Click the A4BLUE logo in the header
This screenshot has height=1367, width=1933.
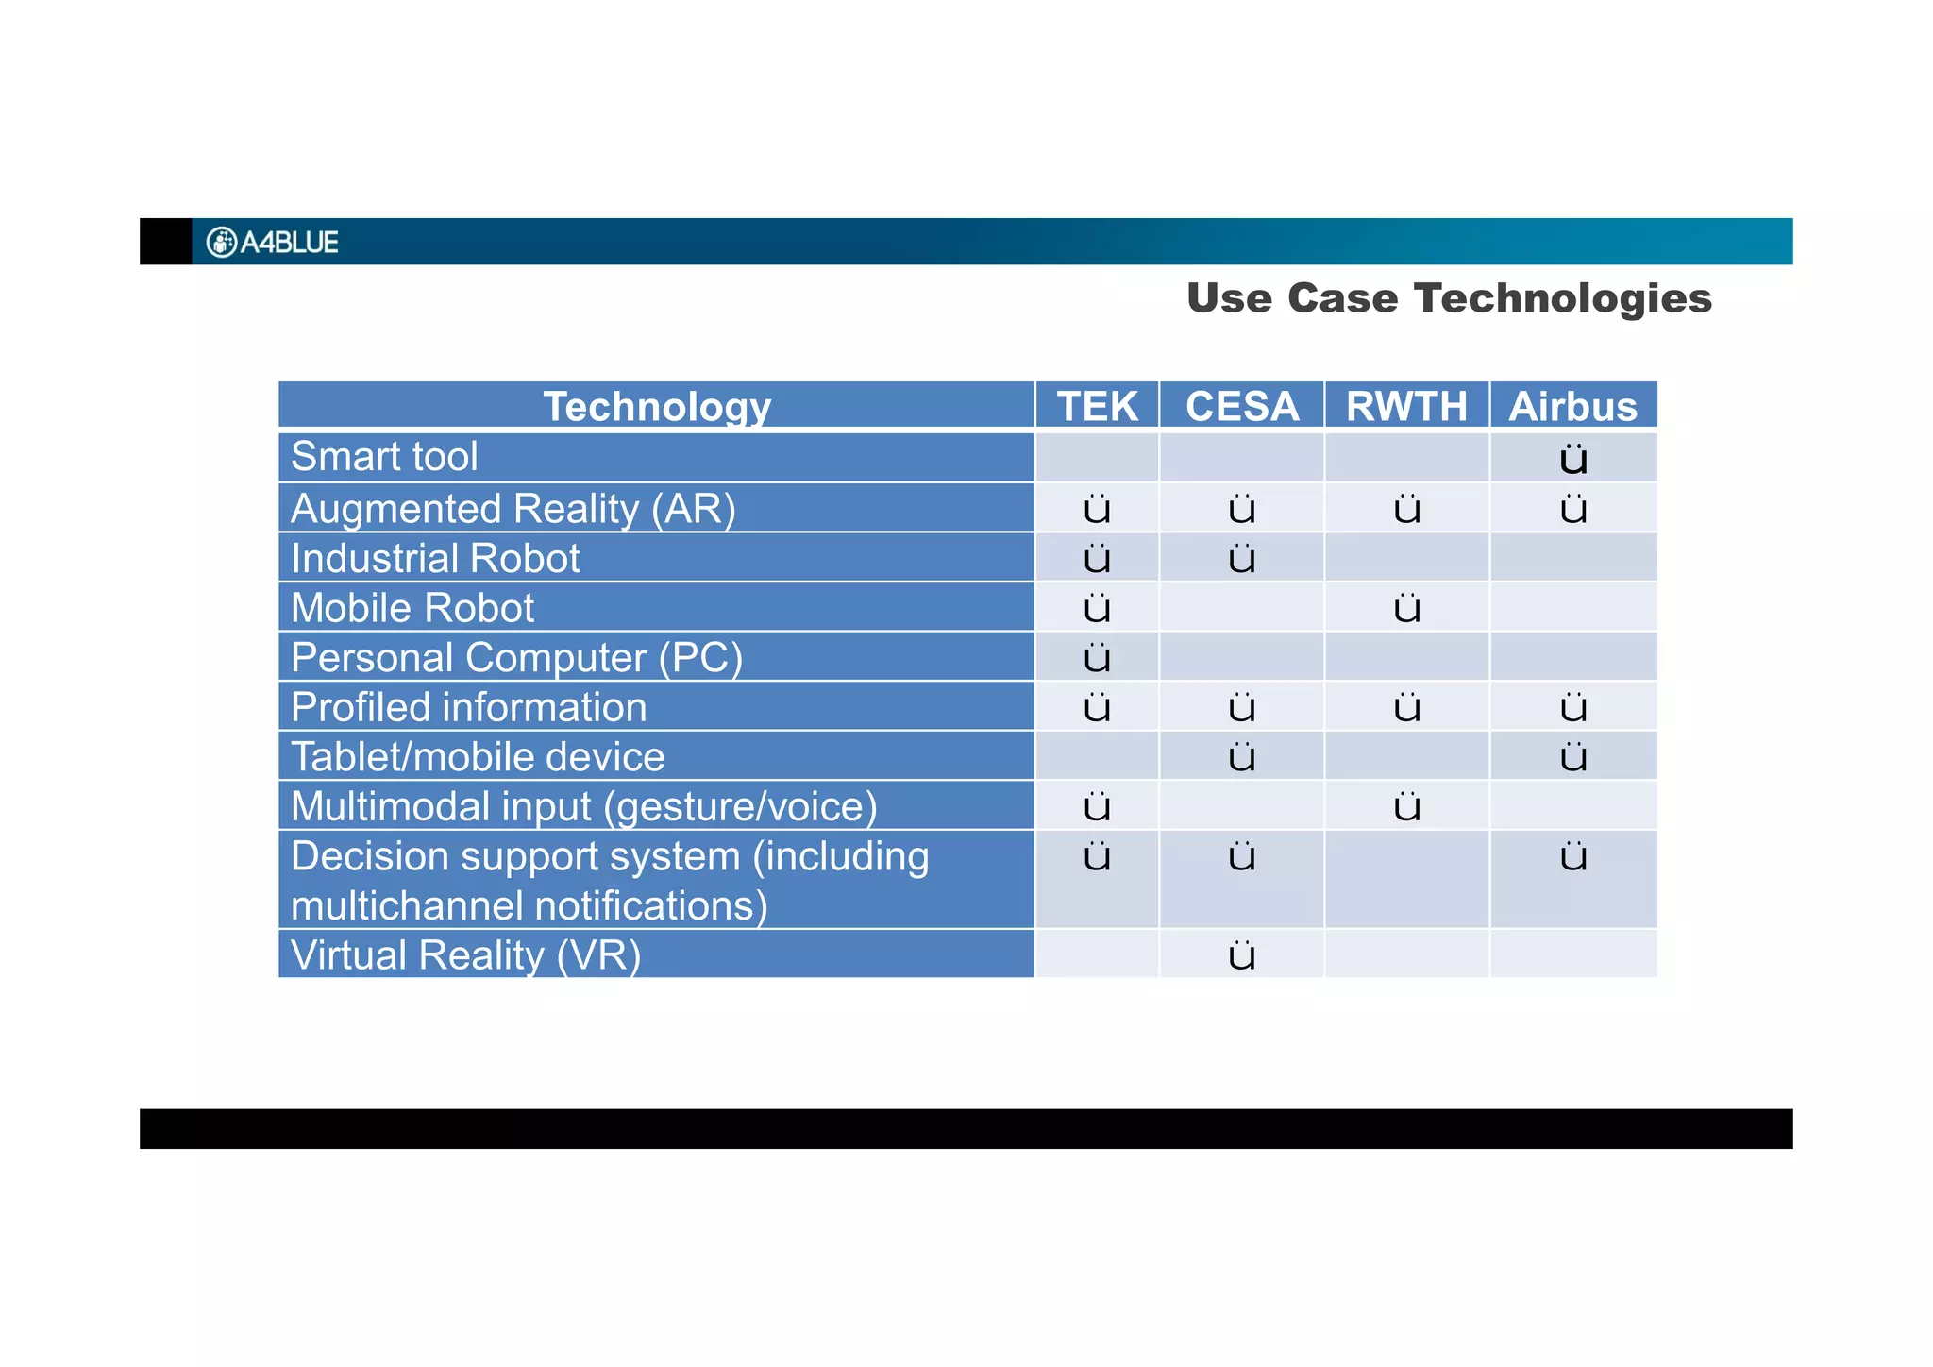(272, 243)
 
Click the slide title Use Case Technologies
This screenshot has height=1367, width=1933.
(1449, 298)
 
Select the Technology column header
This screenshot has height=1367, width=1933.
(657, 407)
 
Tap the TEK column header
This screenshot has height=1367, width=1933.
(1097, 407)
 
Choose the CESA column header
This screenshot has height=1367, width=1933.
(1241, 407)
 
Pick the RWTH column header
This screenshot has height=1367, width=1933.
(1406, 407)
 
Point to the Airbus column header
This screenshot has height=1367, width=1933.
(1572, 407)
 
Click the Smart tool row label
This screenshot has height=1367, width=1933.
(384, 457)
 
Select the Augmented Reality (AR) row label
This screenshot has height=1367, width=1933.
(513, 509)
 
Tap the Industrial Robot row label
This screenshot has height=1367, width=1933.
(435, 559)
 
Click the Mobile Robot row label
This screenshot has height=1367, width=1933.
(412, 608)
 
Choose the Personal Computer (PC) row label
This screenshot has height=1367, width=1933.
(516, 658)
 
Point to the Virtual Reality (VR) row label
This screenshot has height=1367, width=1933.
(465, 955)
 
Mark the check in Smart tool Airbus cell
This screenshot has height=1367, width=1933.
(1573, 460)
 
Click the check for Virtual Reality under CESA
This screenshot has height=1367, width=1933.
(1242, 956)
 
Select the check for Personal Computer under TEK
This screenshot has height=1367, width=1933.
(1097, 658)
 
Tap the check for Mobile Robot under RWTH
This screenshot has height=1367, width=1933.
(1406, 609)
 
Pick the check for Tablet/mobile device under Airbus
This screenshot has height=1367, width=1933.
(1573, 757)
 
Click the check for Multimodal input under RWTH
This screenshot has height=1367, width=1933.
(1406, 807)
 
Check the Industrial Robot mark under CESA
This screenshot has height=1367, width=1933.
(1242, 559)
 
